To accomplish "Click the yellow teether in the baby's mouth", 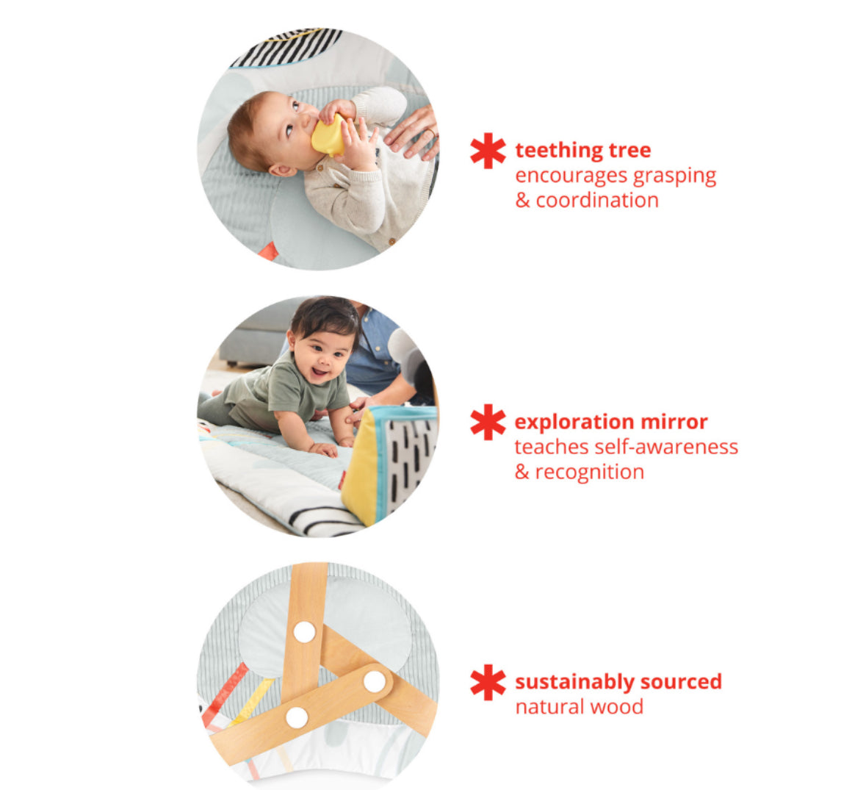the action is point(328,136).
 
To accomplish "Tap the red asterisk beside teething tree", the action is point(488,150).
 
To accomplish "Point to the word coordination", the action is point(597,200).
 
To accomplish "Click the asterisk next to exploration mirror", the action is point(488,422).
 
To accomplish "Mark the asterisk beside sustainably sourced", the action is point(488,682).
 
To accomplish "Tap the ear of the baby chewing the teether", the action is point(281,170).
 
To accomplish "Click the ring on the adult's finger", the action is point(430,132).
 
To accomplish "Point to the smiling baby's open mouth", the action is point(320,372).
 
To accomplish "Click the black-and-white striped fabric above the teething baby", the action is point(287,46).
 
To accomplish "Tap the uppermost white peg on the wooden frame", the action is point(304,632).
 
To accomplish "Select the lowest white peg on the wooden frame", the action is point(297,717).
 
